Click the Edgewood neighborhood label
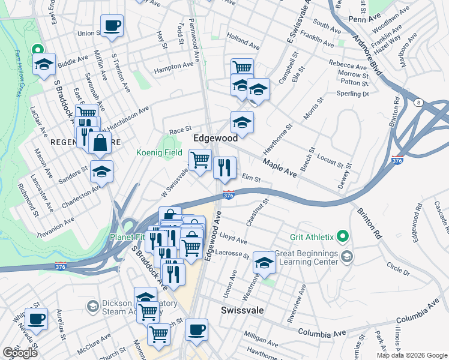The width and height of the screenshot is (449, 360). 215,138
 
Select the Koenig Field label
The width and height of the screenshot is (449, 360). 159,153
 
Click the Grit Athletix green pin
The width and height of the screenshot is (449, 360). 343,236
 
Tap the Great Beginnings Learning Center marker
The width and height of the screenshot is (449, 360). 346,257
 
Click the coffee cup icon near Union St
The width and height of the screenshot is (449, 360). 112,26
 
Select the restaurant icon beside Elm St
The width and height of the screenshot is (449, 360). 224,167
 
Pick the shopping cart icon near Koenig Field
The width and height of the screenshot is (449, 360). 200,160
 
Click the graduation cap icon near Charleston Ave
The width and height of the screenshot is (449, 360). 101,172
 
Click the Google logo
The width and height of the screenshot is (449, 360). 20,353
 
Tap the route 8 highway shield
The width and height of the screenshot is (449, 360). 418,103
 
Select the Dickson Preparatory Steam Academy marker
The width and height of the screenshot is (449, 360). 92,307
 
